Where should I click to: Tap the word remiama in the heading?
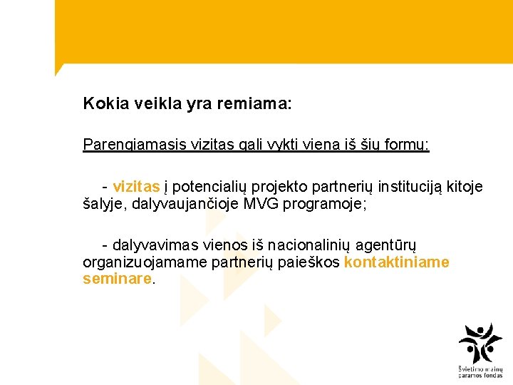[x=257, y=104]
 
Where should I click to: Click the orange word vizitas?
[x=136, y=187]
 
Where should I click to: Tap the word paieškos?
[x=311, y=262]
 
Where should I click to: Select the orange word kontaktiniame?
[x=396, y=262]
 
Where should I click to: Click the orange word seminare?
[x=117, y=279]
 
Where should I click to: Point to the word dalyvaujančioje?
[x=185, y=204]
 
